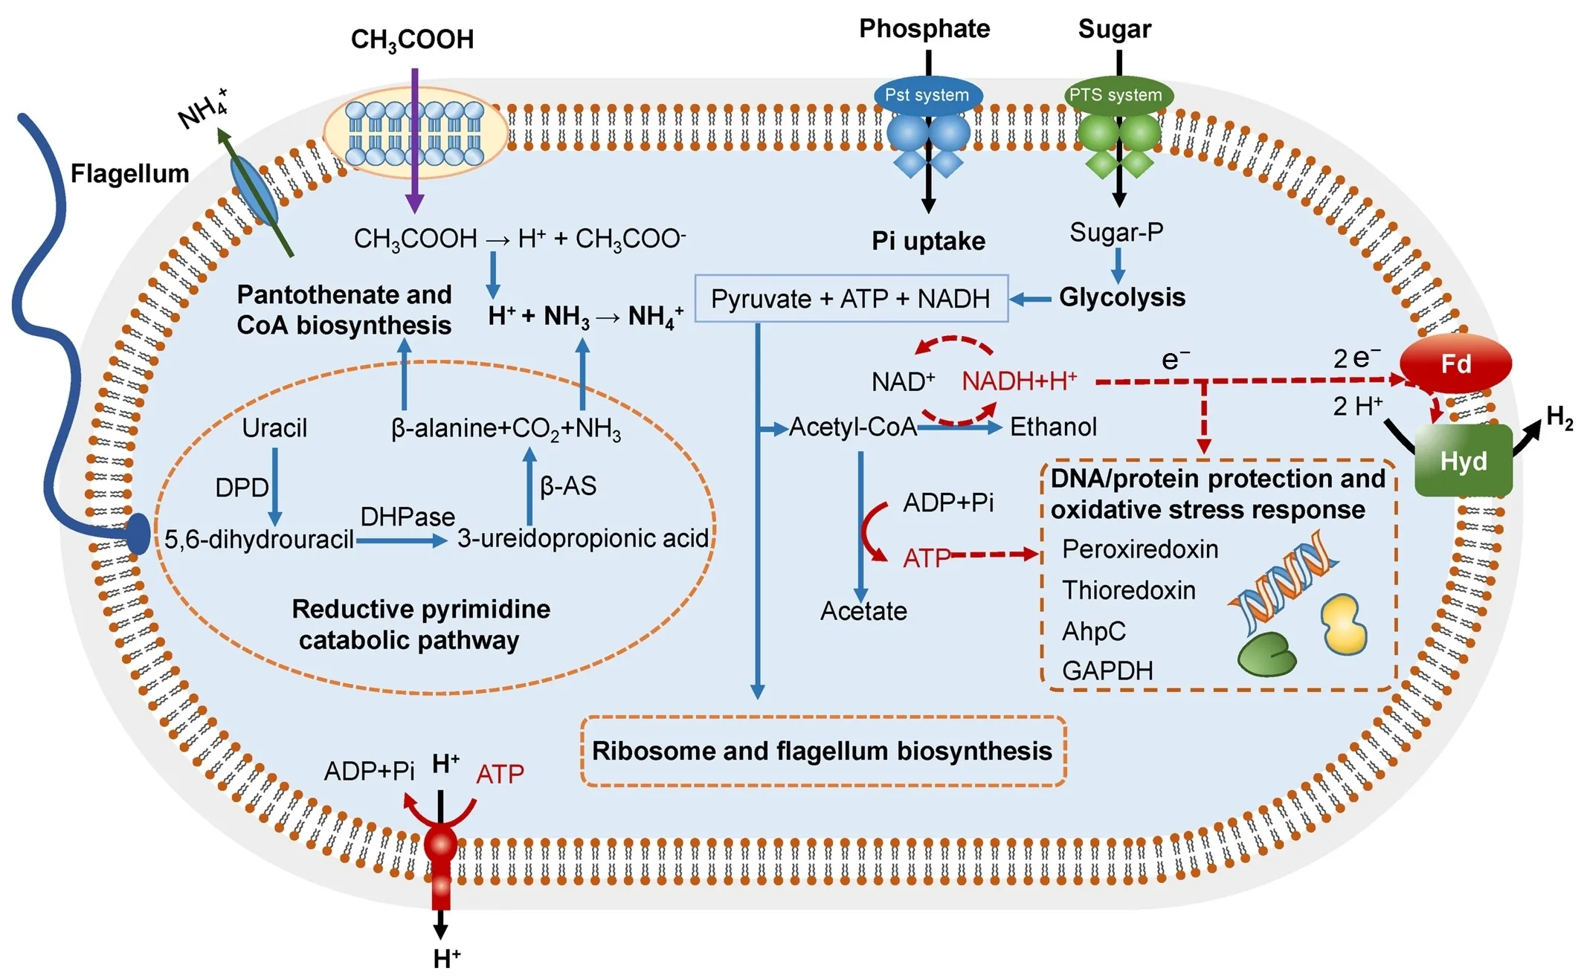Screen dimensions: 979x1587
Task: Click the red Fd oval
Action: coord(1455,364)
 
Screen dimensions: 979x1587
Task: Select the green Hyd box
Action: coord(1463,461)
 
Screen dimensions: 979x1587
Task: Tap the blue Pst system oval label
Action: coord(927,95)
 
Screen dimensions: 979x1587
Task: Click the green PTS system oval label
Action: coord(1116,95)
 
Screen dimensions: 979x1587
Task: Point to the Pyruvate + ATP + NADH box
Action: coord(851,299)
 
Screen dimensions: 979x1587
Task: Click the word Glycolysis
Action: coord(1121,297)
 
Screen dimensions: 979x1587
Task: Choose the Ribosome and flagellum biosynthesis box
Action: coord(823,751)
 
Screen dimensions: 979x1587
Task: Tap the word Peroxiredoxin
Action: coord(1140,549)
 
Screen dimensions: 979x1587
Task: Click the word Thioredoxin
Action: coord(1129,590)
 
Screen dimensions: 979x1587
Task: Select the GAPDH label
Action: coord(1107,671)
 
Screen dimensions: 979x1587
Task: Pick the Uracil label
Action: coord(274,428)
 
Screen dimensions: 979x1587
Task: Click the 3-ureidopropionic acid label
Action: coord(583,538)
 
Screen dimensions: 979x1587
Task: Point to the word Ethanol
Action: coord(1053,427)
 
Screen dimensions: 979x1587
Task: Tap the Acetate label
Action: coord(863,611)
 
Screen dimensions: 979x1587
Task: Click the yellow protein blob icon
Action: coord(1344,624)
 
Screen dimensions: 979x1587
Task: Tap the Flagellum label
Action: coord(129,174)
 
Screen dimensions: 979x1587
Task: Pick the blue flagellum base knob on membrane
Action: coord(138,534)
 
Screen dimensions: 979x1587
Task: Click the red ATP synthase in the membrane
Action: coord(441,862)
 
